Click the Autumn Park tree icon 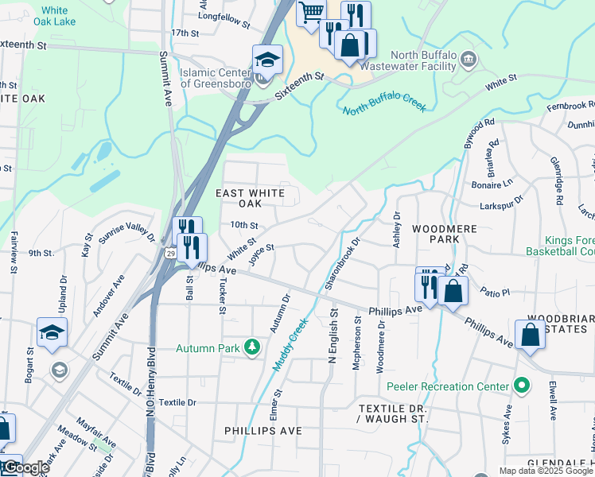pos(252,347)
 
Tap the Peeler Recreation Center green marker pos(522,386)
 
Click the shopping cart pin pos(311,12)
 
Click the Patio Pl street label pos(494,293)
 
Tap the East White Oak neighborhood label pos(251,198)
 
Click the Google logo pos(25,468)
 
